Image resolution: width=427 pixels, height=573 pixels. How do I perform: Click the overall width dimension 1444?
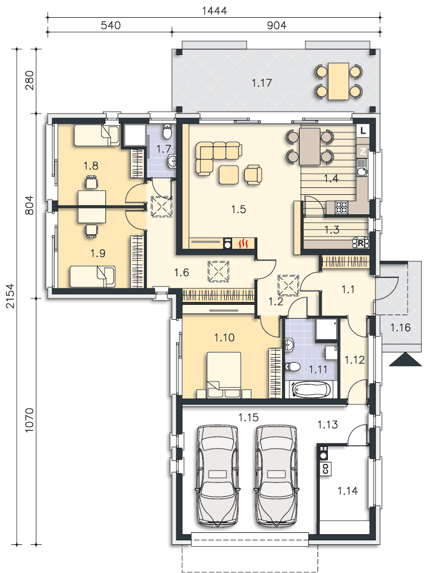pyautogui.click(x=214, y=10)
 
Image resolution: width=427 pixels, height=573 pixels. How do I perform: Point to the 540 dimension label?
pyautogui.click(x=111, y=25)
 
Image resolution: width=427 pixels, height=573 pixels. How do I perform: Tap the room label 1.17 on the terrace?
pyautogui.click(x=262, y=83)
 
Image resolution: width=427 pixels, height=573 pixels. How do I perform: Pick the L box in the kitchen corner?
pyautogui.click(x=363, y=131)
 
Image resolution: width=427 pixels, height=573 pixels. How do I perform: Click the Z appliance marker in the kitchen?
pyautogui.click(x=363, y=151)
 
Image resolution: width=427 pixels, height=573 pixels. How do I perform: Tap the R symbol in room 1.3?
pyautogui.click(x=361, y=243)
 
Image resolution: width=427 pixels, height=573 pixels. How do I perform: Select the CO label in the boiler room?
pyautogui.click(x=326, y=468)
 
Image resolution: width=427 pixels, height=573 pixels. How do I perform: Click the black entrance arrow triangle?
pyautogui.click(x=405, y=360)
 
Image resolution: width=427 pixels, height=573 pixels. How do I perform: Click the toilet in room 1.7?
pyautogui.click(x=167, y=132)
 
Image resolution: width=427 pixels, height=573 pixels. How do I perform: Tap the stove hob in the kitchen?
pyautogui.click(x=342, y=207)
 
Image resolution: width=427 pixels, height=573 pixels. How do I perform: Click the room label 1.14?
pyautogui.click(x=347, y=490)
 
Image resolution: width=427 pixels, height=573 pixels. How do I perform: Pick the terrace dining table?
pyautogui.click(x=338, y=81)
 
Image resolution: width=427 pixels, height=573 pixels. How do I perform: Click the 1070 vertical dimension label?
pyautogui.click(x=29, y=420)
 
